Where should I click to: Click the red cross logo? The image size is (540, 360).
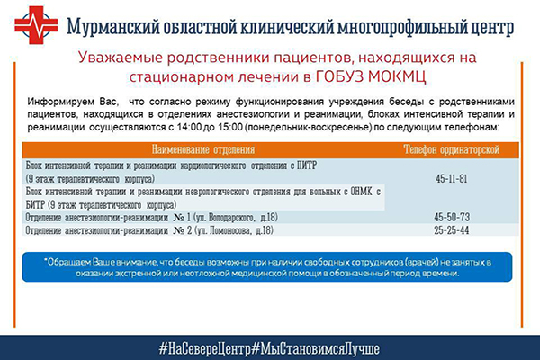[36, 25]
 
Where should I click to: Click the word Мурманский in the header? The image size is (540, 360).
[113, 27]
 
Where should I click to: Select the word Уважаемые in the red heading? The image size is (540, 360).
[121, 58]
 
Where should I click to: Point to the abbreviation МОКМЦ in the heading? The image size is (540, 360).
[397, 76]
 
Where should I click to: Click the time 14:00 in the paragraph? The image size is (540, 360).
[189, 127]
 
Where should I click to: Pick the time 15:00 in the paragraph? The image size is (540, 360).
[230, 127]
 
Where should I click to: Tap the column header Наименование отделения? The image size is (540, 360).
[203, 150]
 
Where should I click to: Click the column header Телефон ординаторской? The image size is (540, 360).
[452, 150]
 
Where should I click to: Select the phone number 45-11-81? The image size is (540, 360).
[452, 179]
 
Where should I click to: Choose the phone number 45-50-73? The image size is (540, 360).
[452, 218]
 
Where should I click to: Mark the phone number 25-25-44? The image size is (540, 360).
[452, 230]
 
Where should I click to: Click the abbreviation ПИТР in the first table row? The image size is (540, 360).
[307, 166]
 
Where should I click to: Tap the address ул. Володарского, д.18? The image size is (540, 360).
[236, 218]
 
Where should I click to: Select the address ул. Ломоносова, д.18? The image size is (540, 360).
[234, 230]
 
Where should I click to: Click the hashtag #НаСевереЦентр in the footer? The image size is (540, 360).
[205, 348]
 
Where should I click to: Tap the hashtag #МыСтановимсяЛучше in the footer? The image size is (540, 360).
[316, 348]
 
